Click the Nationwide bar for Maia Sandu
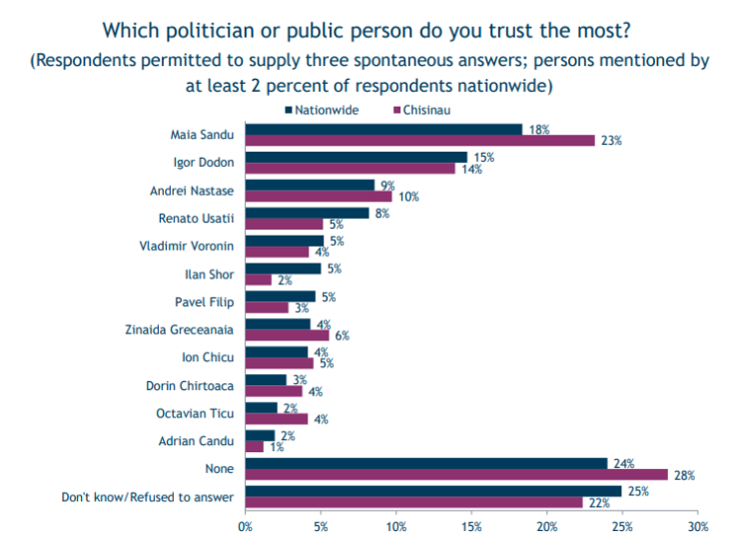pyautogui.click(x=383, y=129)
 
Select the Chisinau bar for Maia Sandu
pyautogui.click(x=419, y=141)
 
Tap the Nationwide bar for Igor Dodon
pyautogui.click(x=356, y=157)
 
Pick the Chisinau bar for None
pyautogui.click(x=455, y=474)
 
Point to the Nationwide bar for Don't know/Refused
pyautogui.click(x=433, y=491)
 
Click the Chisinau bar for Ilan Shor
pyautogui.click(x=258, y=279)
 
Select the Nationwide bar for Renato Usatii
pyautogui.click(x=307, y=213)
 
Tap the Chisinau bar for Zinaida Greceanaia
pyautogui.click(x=287, y=335)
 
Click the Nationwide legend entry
pyautogui.click(x=321, y=109)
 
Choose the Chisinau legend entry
pyautogui.click(x=426, y=109)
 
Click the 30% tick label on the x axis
pyautogui.click(x=698, y=525)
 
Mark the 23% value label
pyautogui.click(x=610, y=141)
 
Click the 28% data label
pyautogui.click(x=685, y=475)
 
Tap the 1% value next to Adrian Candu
pyautogui.click(x=276, y=447)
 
